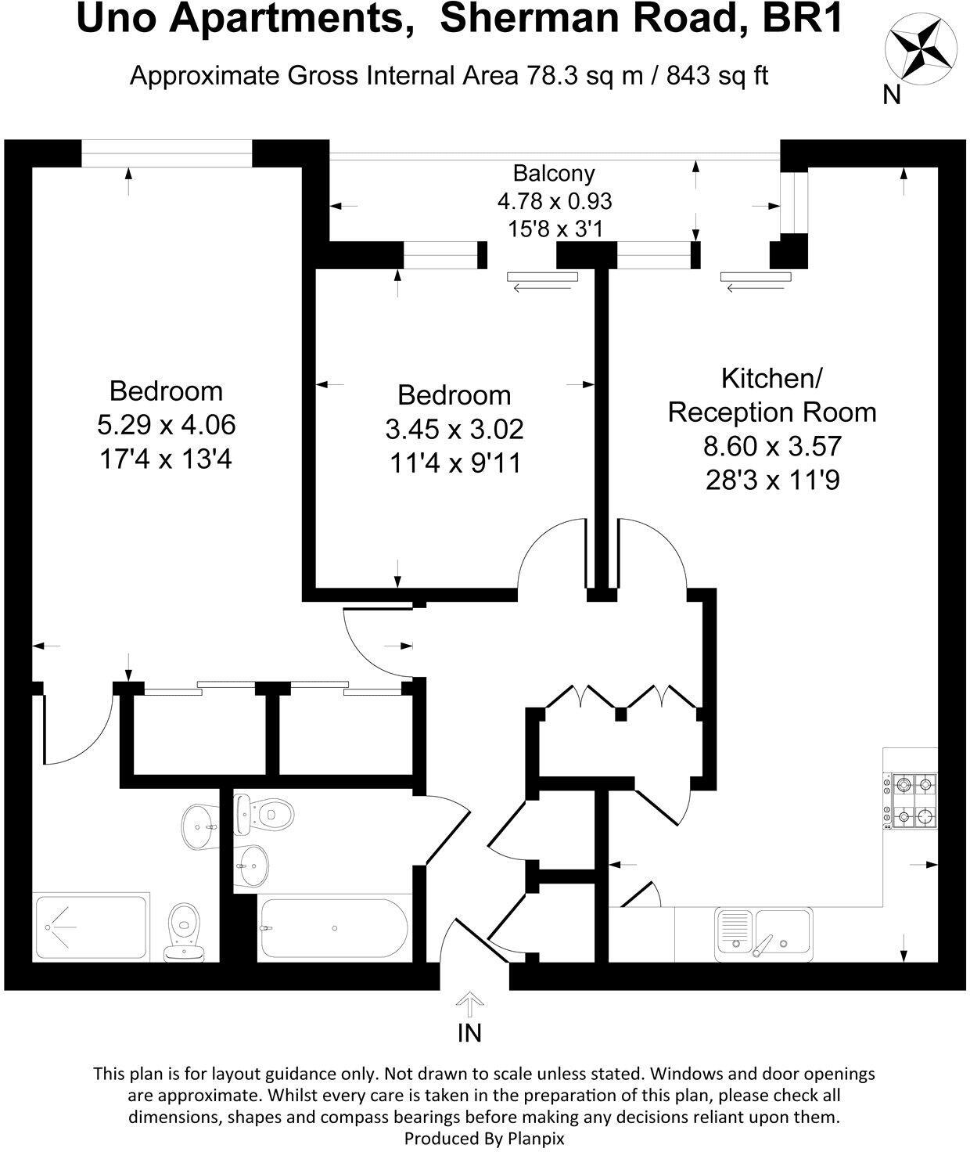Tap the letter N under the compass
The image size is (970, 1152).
click(892, 95)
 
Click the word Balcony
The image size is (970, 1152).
click(554, 173)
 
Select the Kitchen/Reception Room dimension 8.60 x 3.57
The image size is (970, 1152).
click(772, 446)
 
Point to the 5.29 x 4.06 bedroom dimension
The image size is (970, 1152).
click(166, 425)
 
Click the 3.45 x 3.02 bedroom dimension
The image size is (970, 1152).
click(454, 429)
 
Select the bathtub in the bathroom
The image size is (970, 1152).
click(333, 928)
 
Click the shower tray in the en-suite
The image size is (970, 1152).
click(91, 928)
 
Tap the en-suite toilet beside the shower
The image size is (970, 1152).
click(184, 931)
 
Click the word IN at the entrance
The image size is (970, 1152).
click(469, 1033)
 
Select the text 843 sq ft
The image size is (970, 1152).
click(717, 76)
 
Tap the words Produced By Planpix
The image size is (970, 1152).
click(484, 1138)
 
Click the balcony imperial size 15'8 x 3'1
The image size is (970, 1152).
click(554, 229)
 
